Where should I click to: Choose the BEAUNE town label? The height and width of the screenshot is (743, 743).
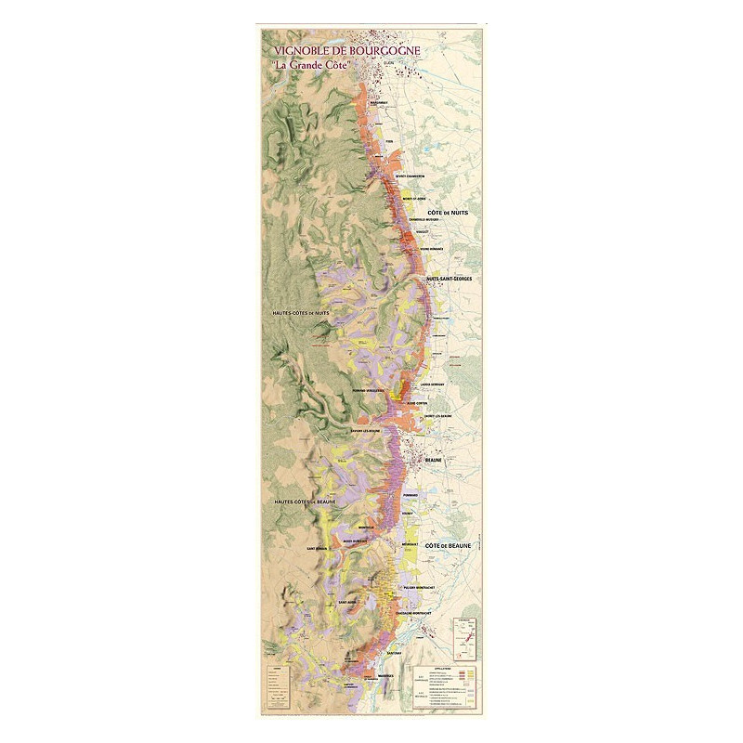tap(434, 460)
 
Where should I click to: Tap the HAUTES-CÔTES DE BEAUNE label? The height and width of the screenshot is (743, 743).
tap(304, 502)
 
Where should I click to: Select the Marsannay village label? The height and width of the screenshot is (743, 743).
tap(379, 104)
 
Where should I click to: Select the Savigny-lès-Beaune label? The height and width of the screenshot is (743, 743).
tap(368, 432)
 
